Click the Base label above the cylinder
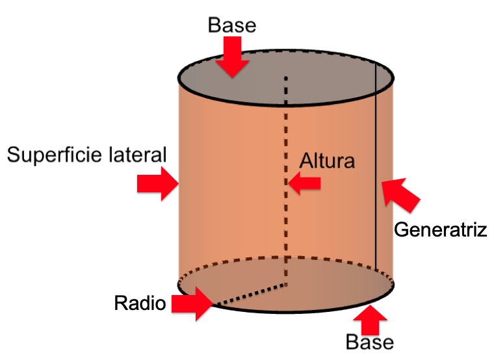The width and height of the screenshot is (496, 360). (232, 25)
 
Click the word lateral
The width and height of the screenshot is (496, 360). (138, 155)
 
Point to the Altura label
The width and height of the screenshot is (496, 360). (328, 160)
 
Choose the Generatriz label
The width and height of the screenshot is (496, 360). (441, 229)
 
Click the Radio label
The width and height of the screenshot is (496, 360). (140, 303)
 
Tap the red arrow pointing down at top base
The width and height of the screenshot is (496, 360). (233, 57)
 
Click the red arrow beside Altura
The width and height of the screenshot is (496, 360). (305, 184)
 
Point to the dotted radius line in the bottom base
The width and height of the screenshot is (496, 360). (250, 294)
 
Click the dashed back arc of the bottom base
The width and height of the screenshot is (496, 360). (286, 257)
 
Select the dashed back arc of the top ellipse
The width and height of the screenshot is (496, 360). (286, 49)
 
